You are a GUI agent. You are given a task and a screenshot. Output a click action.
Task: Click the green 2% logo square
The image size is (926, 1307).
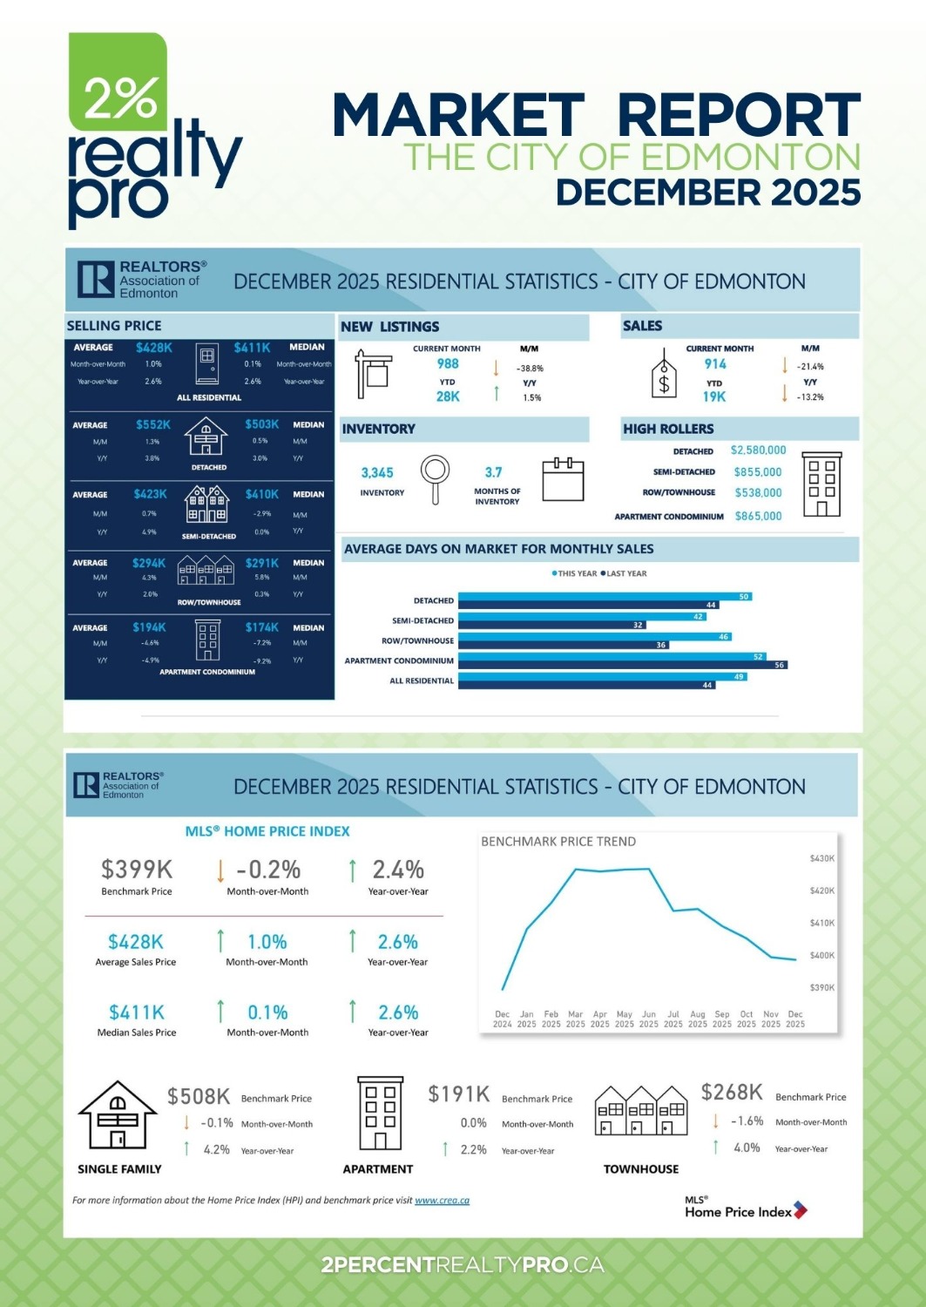(118, 83)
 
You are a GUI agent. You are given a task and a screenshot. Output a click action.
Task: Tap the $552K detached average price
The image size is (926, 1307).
(153, 424)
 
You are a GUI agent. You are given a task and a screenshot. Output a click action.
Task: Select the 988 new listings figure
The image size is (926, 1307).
(448, 364)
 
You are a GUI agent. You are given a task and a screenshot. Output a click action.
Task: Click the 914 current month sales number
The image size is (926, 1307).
(715, 364)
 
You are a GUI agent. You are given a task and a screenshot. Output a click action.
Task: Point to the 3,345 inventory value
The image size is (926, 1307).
(377, 473)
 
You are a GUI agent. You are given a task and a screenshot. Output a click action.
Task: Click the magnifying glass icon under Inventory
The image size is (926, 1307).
(435, 477)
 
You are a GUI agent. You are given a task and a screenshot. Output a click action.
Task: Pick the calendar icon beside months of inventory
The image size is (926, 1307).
(563, 479)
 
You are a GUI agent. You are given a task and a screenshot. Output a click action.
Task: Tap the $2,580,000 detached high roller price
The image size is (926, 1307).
(758, 450)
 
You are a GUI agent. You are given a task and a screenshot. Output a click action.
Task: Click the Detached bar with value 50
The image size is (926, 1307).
(605, 597)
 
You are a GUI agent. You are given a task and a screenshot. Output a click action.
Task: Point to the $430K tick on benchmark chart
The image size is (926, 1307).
(822, 858)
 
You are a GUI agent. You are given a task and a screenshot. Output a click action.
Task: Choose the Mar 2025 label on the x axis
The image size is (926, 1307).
(576, 1019)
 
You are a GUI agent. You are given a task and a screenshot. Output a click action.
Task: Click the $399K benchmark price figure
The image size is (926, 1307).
(137, 870)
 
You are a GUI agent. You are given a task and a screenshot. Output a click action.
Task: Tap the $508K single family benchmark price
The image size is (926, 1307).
(199, 1096)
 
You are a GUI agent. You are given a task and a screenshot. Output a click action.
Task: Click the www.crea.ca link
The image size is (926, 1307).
(442, 1201)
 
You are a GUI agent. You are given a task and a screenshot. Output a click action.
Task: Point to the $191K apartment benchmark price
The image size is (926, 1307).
(459, 1094)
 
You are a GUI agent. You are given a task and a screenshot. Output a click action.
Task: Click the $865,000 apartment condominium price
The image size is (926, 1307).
(758, 516)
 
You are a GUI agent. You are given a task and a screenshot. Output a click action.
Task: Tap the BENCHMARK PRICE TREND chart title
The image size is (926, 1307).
(558, 842)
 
